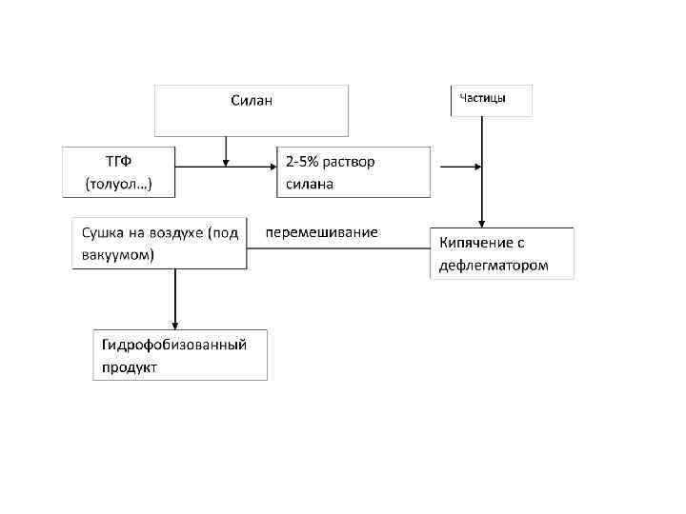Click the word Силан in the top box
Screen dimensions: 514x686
(252, 100)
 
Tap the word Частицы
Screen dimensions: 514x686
(483, 98)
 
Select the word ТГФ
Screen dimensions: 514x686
(119, 161)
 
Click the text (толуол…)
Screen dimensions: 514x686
(119, 183)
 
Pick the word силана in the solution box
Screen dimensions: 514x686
(310, 184)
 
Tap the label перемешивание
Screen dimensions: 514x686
(321, 232)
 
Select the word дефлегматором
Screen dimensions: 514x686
(494, 266)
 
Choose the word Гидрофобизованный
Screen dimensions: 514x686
(174, 344)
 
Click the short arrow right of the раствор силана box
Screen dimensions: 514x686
(462, 168)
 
